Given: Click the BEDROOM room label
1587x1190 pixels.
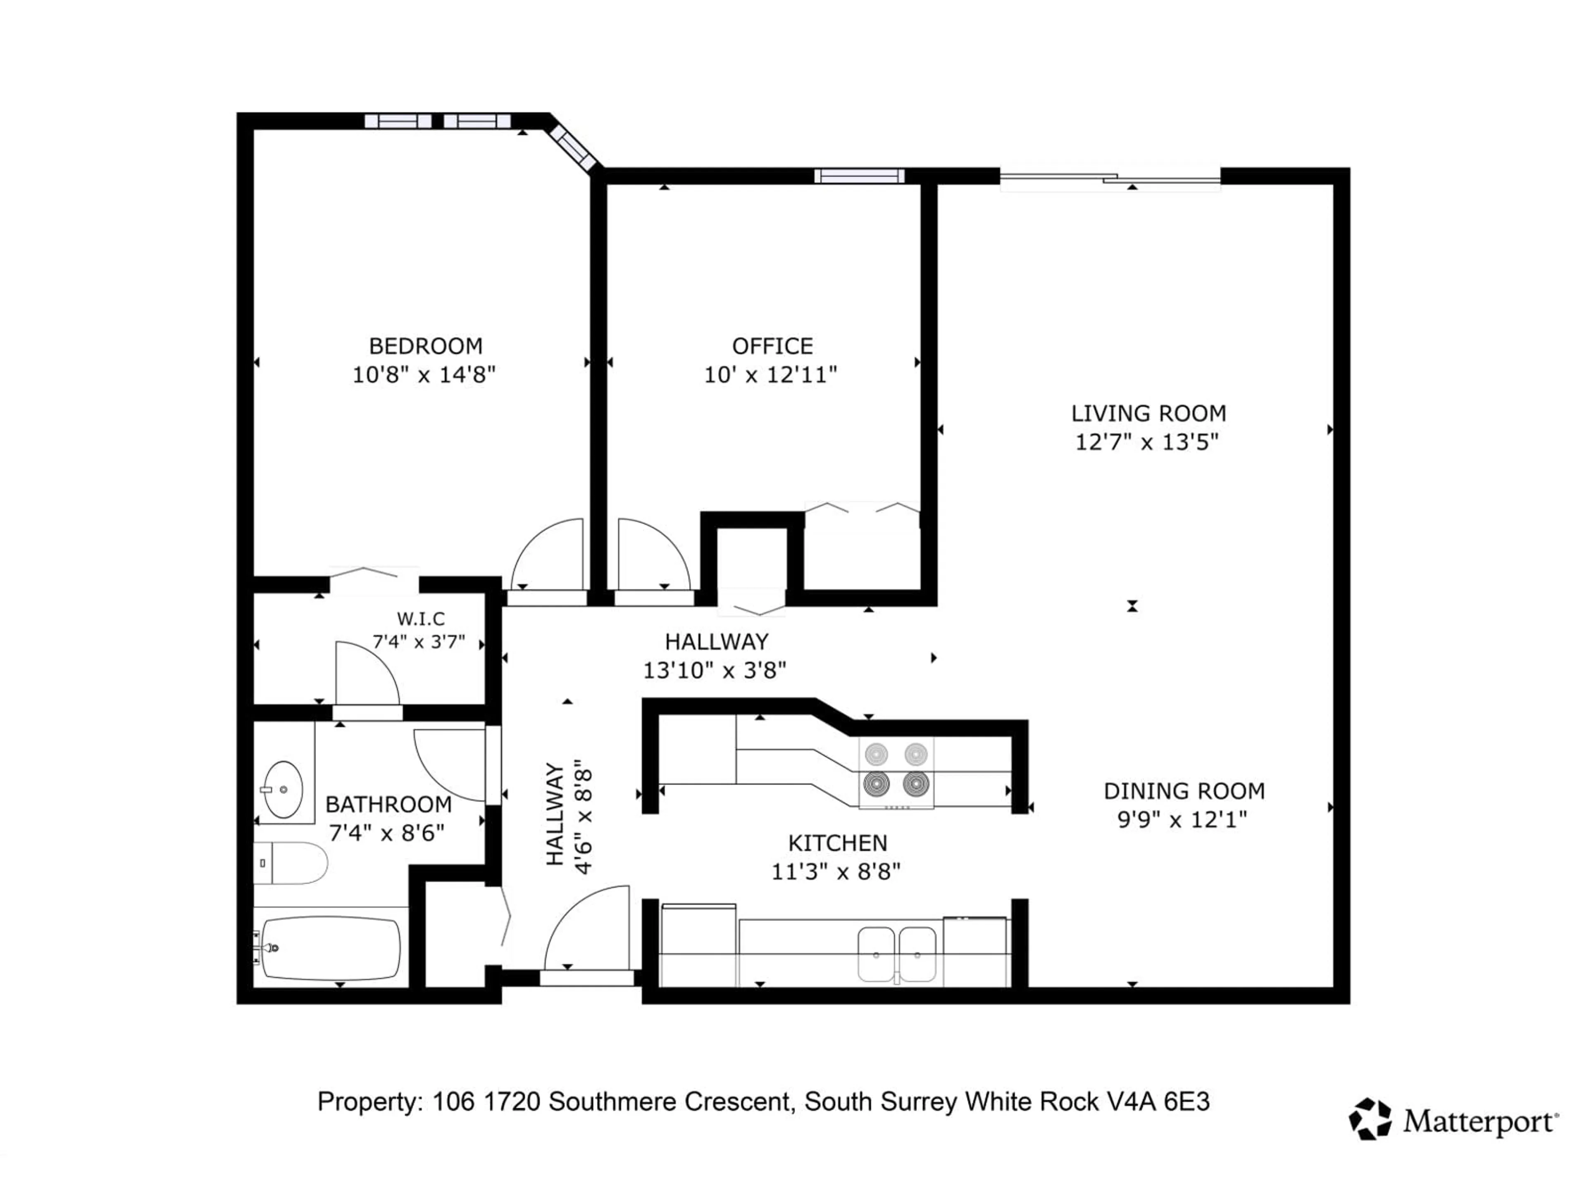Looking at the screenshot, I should [425, 346].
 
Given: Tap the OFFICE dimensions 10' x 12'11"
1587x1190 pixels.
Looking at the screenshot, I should [770, 374].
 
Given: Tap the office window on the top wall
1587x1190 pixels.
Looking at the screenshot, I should [859, 176].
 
